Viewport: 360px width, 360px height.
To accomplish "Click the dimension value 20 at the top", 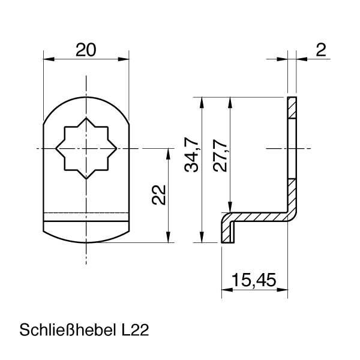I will coord(86,50).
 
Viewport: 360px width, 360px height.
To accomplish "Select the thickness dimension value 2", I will coord(322,50).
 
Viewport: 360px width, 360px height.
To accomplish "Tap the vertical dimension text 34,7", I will coord(191,155).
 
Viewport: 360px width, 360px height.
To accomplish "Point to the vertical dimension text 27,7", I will coord(220,155).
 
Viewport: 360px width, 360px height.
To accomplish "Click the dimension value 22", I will coord(158,195).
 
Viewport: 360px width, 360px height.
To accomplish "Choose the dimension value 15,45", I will coord(253,280).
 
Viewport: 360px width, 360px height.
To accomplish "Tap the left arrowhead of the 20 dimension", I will coord(47,59).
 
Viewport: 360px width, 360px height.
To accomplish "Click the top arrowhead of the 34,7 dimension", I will coord(202,101).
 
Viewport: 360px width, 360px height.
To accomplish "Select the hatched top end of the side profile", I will coord(292,107).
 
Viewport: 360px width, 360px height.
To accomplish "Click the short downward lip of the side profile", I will coord(227,232).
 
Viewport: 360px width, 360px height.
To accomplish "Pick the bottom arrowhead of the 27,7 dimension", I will coord(229,207).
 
